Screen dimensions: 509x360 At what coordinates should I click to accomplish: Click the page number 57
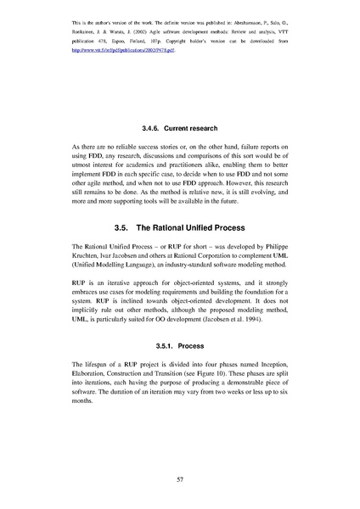point(180,479)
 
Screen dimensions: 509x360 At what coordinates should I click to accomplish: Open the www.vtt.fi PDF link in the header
point(127,50)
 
